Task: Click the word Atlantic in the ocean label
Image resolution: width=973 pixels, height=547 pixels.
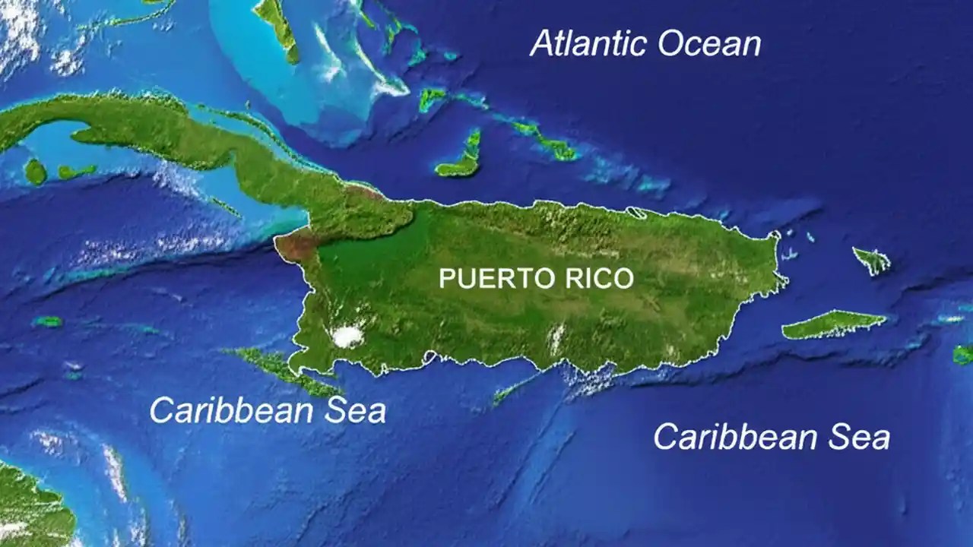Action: (x=588, y=43)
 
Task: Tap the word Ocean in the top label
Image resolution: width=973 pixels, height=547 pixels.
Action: (x=708, y=44)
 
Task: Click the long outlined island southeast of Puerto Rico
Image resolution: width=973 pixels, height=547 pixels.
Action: (x=833, y=324)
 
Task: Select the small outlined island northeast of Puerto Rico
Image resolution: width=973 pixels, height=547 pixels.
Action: (x=873, y=260)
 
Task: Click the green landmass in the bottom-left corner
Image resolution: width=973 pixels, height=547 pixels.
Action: (x=30, y=505)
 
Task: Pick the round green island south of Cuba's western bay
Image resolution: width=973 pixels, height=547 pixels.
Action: (x=35, y=172)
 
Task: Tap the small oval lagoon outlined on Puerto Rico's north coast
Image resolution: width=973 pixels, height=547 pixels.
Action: (x=637, y=213)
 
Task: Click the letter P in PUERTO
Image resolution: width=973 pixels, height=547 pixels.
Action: (x=445, y=279)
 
